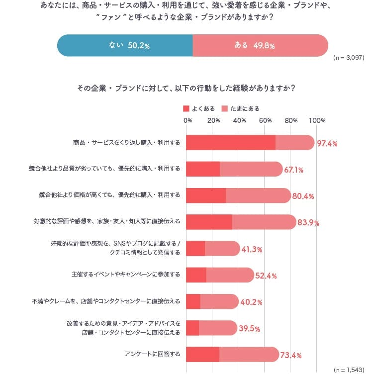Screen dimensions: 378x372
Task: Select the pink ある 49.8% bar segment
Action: pyautogui.click(x=260, y=45)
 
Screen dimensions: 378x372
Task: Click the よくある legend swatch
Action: pyautogui.click(x=186, y=108)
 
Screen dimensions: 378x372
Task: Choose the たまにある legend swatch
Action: pyautogui.click(x=224, y=108)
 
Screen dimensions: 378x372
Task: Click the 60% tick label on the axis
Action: pyautogui.click(x=265, y=120)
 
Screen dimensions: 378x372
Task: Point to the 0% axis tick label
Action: pyautogui.click(x=187, y=120)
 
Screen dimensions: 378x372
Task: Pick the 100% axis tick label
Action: pyautogui.click(x=316, y=120)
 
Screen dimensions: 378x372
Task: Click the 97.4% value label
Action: pyautogui.click(x=327, y=144)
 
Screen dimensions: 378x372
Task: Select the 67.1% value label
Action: pyautogui.click(x=293, y=170)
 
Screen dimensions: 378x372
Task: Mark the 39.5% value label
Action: pyautogui.click(x=249, y=329)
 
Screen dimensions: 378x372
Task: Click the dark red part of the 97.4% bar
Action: pyautogui.click(x=230, y=143)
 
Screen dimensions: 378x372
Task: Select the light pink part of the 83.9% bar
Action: pyautogui.click(x=264, y=222)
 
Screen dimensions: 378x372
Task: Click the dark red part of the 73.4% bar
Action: pyautogui.click(x=202, y=354)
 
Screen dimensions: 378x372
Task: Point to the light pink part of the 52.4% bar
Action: pyautogui.click(x=230, y=275)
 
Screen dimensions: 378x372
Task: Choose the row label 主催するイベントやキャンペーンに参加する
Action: pyautogui.click(x=126, y=275)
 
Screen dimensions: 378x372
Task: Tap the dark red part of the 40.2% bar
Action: pyautogui.click(x=193, y=301)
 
